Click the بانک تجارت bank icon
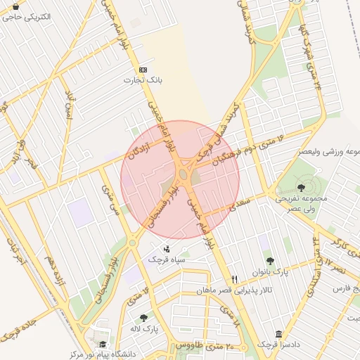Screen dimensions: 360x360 [143, 70]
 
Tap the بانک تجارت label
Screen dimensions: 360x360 [143, 82]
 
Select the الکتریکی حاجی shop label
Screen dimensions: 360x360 [26, 16]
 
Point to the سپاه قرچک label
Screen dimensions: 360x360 [166, 259]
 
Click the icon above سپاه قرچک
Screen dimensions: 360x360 [166, 248]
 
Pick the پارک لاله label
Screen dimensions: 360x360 [144, 329]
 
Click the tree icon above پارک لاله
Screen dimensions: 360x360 [144, 318]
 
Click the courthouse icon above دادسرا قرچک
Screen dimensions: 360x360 [279, 333]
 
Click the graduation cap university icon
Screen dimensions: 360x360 [103, 344]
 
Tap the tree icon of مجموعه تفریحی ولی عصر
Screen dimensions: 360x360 [302, 187]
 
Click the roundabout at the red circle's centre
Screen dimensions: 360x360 [182, 173]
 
